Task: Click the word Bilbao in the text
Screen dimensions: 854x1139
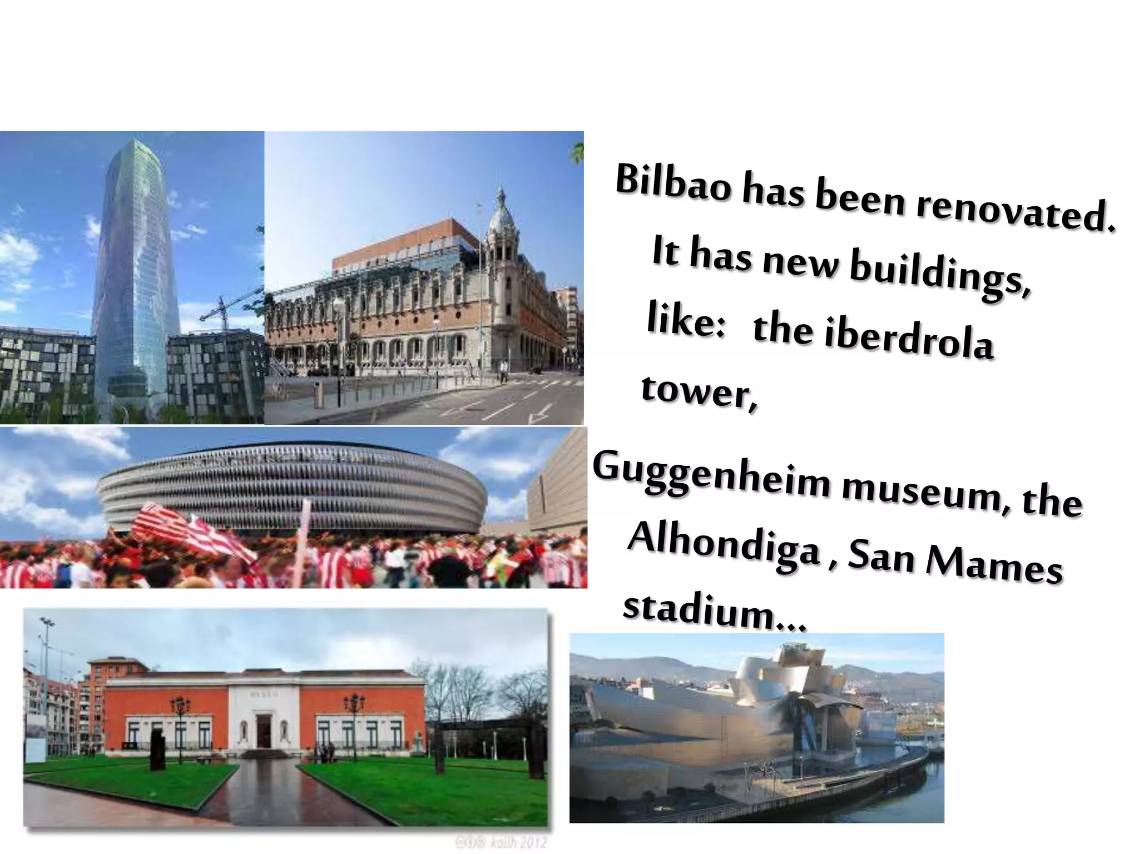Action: pyautogui.click(x=673, y=181)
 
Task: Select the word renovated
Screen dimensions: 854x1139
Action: pyautogui.click(x=1015, y=212)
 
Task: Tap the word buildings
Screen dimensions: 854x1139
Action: pyautogui.click(x=940, y=272)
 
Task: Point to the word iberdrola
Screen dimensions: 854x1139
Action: pyautogui.click(x=909, y=337)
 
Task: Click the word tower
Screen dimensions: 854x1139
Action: pyautogui.click(x=699, y=392)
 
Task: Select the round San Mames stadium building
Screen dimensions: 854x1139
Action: pyautogui.click(x=292, y=484)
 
